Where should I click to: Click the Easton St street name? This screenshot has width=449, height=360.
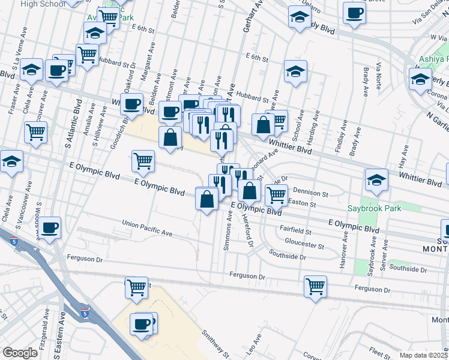pos(302,204)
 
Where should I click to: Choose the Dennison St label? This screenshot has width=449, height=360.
pos(310,193)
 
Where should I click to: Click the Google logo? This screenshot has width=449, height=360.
pos(20,353)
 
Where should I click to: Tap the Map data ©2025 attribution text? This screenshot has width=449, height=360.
pos(424,355)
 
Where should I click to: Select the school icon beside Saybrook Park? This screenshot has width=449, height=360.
pos(376,179)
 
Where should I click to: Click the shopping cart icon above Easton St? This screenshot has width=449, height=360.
pos(276,194)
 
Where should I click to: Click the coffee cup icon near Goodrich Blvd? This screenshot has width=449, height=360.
pos(132,104)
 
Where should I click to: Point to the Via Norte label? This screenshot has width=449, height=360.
pos(378,75)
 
